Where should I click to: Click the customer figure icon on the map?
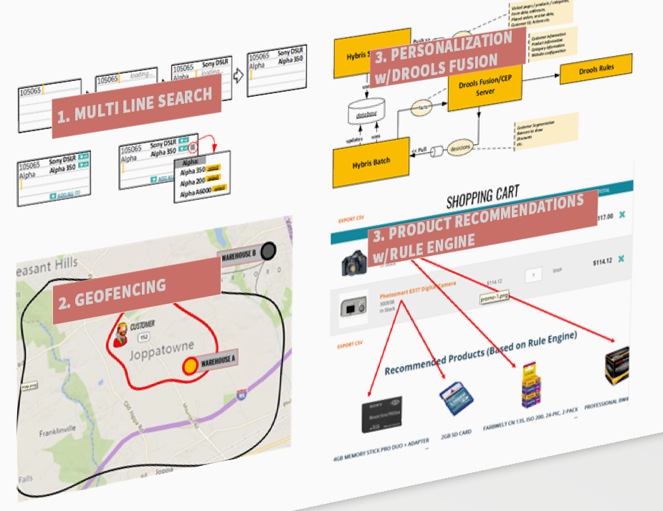122,335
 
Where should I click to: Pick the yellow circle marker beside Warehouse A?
190,366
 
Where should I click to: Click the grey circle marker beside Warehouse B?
269,251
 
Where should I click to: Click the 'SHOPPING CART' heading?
483,196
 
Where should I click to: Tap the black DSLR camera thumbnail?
355,263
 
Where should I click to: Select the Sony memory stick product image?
381,414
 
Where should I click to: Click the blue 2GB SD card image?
455,398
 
